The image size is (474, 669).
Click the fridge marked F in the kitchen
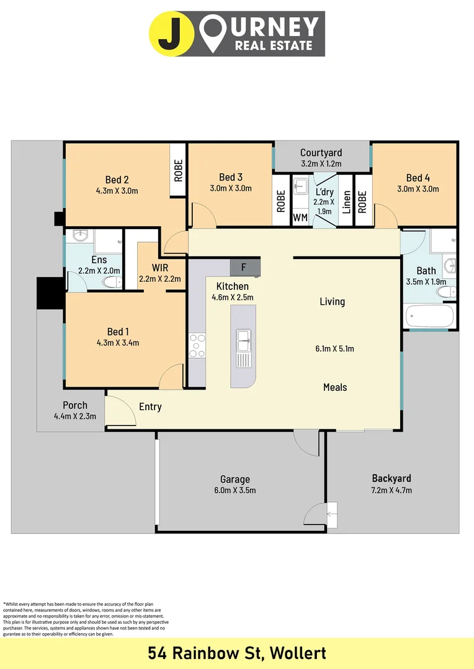click(244, 268)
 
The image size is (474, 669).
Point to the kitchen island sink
click(243, 338)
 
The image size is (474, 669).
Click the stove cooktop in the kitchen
click(197, 346)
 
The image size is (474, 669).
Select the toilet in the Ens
click(112, 282)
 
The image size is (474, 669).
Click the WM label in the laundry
click(300, 217)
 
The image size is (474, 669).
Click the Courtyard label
click(321, 152)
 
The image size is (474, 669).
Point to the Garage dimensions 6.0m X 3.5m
click(235, 490)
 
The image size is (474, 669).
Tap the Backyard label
click(391, 478)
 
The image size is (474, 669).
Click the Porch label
click(74, 405)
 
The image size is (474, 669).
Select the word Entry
click(150, 407)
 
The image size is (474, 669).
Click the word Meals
click(335, 387)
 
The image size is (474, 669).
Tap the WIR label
click(160, 268)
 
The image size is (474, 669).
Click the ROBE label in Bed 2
click(178, 170)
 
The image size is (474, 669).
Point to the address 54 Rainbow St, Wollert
click(237, 653)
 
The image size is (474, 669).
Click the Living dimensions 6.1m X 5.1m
click(334, 349)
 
